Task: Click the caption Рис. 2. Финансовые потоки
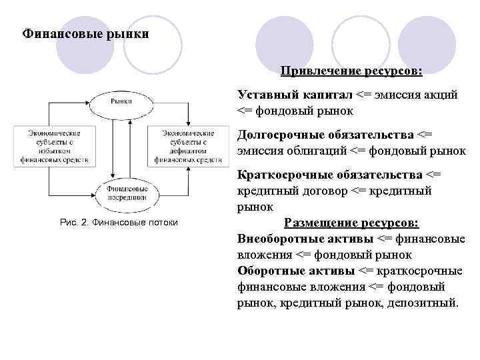click(x=119, y=222)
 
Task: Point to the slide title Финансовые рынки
click(x=86, y=33)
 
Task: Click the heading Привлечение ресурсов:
click(x=351, y=71)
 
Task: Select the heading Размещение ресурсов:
click(x=352, y=223)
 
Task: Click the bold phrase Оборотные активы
click(x=295, y=271)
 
